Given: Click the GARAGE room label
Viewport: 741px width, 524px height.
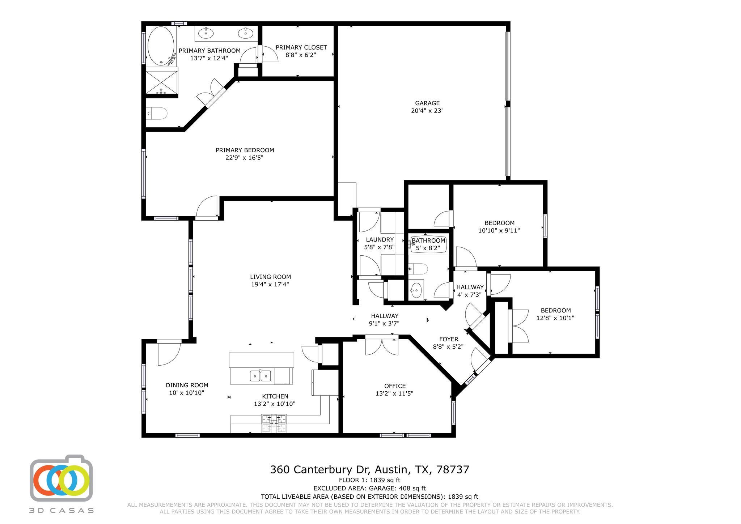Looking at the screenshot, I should [427, 103].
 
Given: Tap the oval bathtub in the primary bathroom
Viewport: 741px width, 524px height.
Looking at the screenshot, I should [160, 46].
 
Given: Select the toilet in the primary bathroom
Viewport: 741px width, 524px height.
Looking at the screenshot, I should [158, 114].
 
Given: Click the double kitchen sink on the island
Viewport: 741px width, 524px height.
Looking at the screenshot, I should [260, 376].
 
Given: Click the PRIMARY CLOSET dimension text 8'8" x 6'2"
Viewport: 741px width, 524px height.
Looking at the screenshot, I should [301, 55].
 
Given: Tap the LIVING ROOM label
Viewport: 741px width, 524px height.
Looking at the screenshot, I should [270, 277].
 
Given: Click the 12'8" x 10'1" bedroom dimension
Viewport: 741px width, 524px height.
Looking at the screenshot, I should [555, 318].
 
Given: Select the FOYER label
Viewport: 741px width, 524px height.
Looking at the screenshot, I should [448, 339].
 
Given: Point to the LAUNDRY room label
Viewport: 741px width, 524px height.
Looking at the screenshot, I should [380, 239].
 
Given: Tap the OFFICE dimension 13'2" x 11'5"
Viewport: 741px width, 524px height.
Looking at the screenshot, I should [394, 393].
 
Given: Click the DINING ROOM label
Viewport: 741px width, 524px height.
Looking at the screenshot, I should [187, 385].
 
